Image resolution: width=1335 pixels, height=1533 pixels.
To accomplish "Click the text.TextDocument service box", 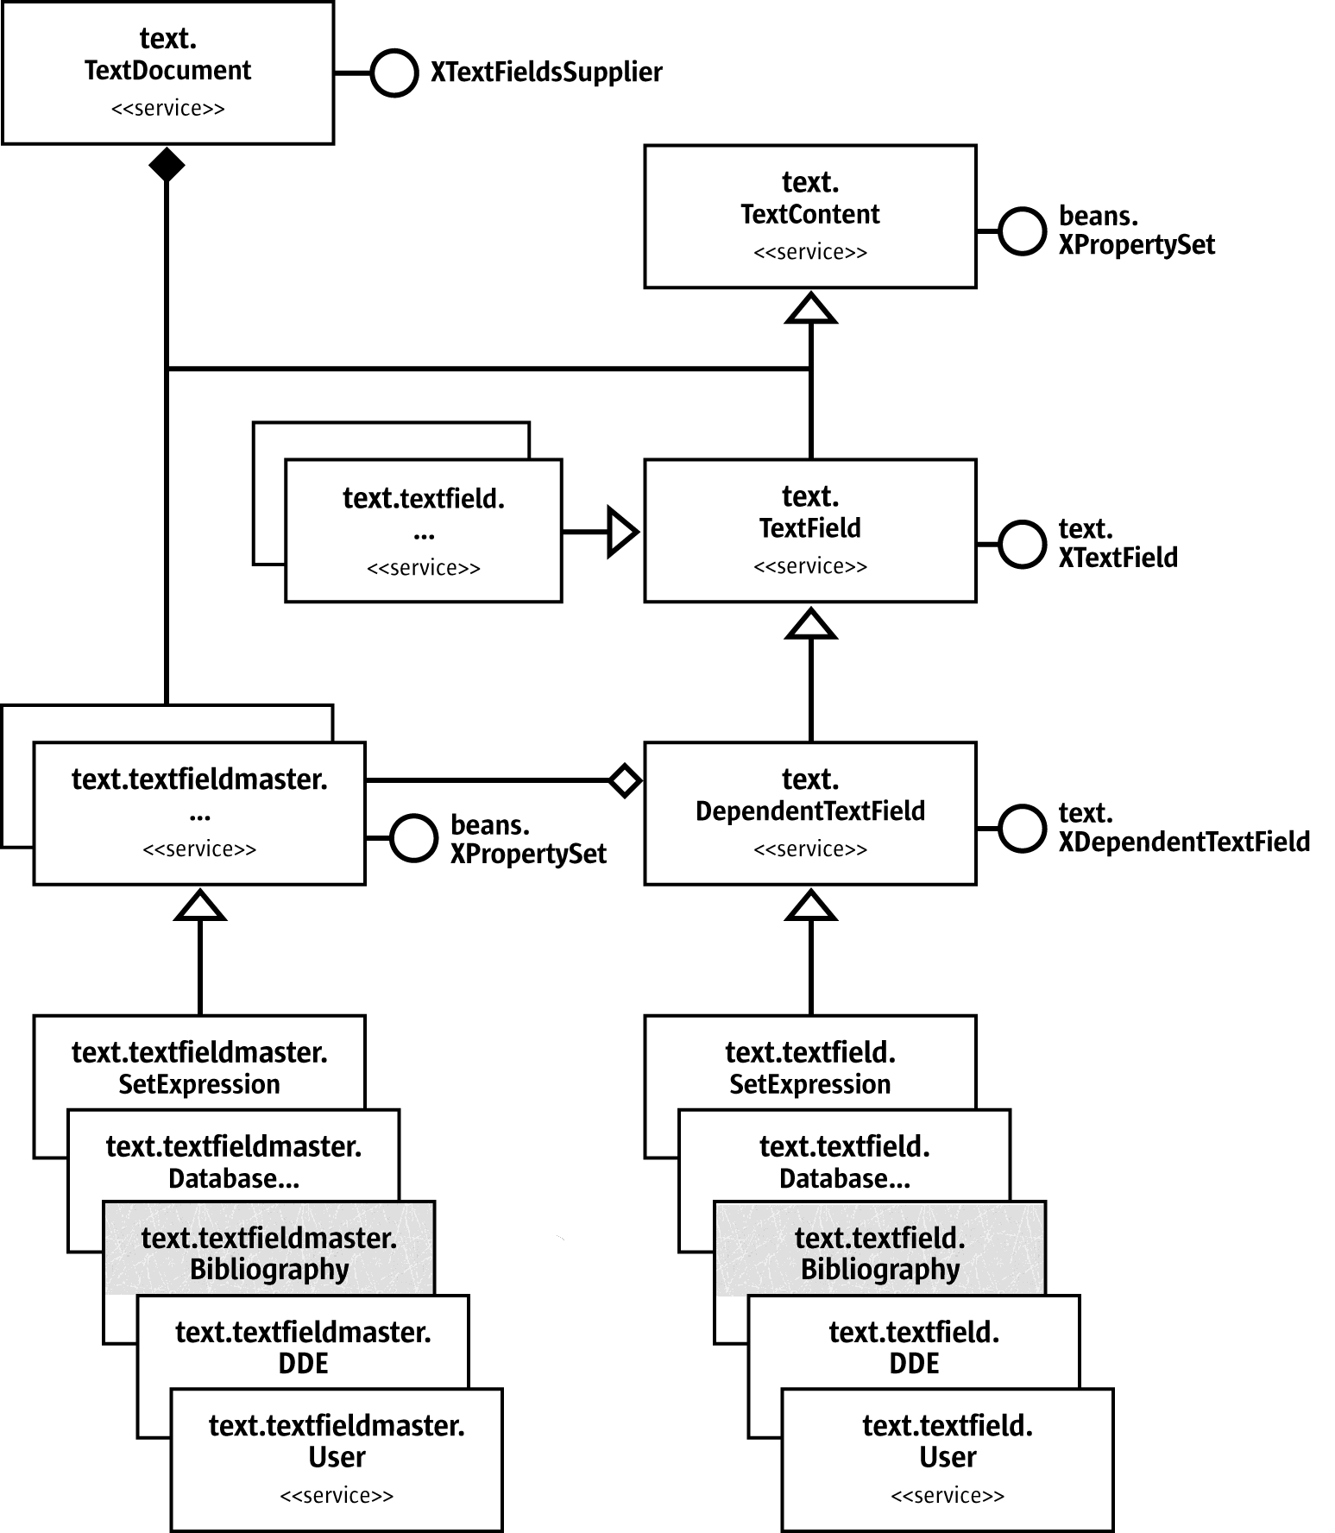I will [167, 73].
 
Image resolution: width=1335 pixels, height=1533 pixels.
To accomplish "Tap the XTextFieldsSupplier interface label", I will [546, 73].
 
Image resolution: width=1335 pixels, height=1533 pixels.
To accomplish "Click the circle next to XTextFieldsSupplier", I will [394, 73].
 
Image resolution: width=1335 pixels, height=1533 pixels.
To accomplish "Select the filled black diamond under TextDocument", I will [167, 164].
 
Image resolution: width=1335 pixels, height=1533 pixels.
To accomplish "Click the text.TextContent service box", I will [809, 216].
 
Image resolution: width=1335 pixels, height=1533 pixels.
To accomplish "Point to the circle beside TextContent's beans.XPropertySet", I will [1022, 231].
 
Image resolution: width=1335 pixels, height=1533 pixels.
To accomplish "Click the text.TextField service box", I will [809, 530].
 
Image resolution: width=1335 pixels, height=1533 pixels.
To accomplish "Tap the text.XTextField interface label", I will [1117, 544].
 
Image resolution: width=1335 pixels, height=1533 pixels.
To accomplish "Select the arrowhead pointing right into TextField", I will [622, 532].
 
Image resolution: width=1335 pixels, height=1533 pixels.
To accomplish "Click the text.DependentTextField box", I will [809, 812].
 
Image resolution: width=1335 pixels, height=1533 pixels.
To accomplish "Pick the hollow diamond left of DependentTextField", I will [625, 780].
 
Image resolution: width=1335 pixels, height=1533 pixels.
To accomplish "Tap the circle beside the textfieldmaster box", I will [413, 838].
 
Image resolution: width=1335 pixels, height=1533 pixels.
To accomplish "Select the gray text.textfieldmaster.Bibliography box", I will [268, 1247].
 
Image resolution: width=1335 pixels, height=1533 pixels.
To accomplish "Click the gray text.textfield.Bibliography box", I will [879, 1247].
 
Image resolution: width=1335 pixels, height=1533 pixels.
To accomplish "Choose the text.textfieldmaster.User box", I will [337, 1459].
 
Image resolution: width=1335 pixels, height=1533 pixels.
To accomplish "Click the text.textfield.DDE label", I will [914, 1348].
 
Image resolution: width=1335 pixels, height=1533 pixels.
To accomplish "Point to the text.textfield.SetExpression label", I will [809, 1069].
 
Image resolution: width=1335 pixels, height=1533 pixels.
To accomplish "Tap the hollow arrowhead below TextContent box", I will [810, 308].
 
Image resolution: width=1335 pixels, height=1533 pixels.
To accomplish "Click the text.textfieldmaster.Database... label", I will [234, 1163].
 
